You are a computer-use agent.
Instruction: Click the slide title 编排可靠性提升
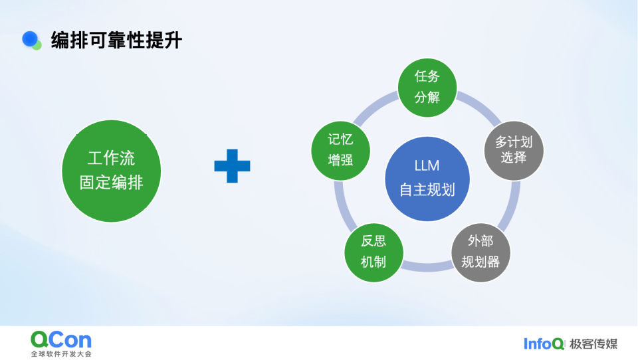click(x=116, y=41)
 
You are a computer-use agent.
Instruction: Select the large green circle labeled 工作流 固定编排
click(x=111, y=170)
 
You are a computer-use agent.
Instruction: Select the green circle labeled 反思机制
click(x=373, y=251)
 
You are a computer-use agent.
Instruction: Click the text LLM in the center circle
click(x=427, y=166)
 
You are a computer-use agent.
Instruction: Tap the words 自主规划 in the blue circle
click(x=427, y=190)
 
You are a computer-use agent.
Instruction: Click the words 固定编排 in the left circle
click(x=111, y=182)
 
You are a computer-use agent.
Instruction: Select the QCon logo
click(x=61, y=339)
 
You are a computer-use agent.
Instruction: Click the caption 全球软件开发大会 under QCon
click(x=61, y=353)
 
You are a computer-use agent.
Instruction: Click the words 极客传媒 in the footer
click(x=593, y=343)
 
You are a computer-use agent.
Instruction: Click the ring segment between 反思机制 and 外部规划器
click(x=427, y=266)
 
